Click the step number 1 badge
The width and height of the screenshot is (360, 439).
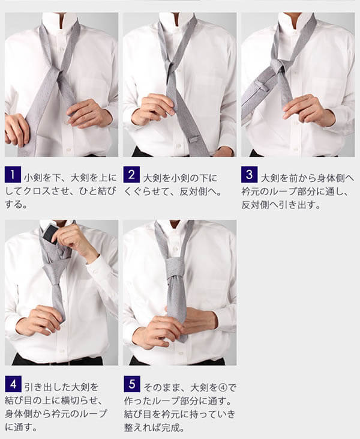click(x=13, y=175)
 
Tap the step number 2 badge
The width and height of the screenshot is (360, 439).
click(x=131, y=175)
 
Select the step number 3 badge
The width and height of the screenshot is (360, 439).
click(x=249, y=174)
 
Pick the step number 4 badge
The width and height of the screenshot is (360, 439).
click(x=13, y=384)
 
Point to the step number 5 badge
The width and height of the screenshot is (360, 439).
click(x=132, y=384)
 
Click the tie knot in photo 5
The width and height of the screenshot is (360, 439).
click(x=175, y=269)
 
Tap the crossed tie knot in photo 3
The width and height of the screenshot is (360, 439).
click(x=278, y=66)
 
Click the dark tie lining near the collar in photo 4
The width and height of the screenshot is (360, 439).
click(x=50, y=233)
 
